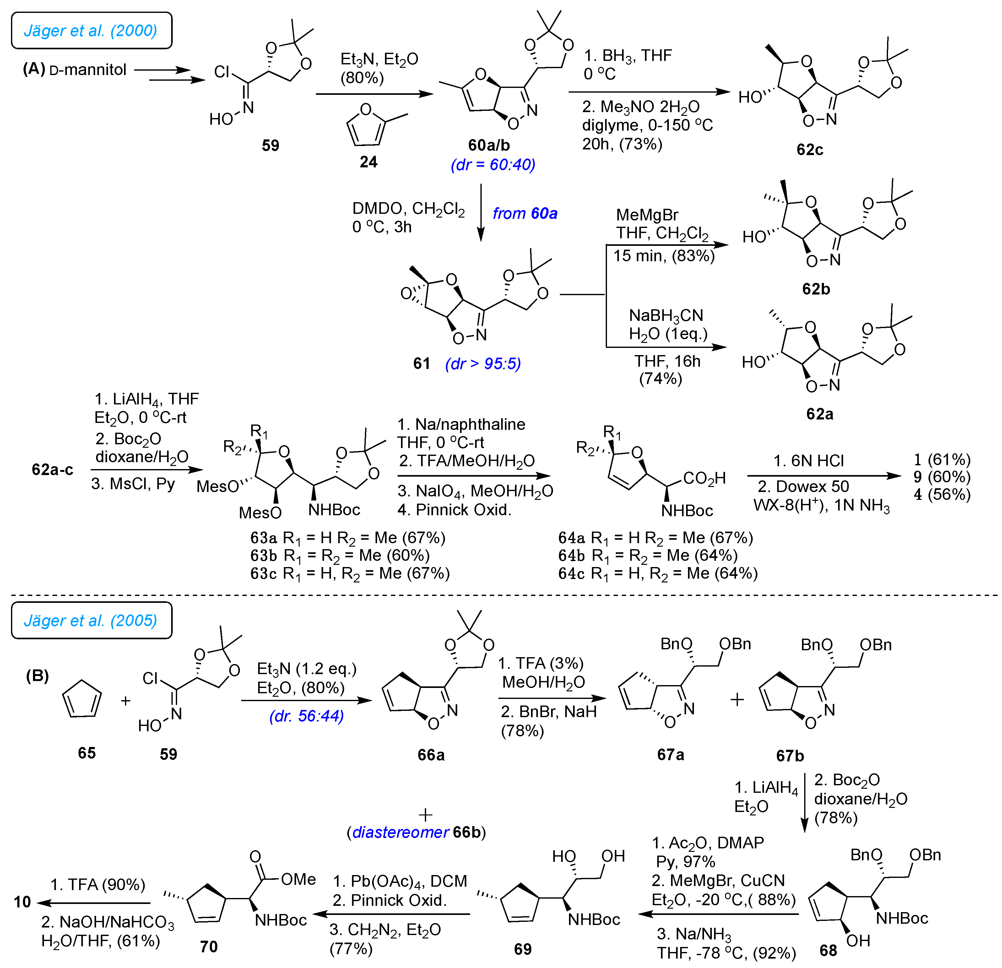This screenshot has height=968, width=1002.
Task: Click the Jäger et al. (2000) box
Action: coord(91,31)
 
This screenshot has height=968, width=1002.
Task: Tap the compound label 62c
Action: coord(810,150)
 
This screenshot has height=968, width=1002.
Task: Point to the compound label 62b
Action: coord(816,289)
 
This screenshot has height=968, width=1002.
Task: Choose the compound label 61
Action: coord(422,363)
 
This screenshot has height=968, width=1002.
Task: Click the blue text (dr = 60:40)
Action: coord(493,165)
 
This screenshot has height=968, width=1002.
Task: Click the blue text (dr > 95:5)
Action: coord(483,363)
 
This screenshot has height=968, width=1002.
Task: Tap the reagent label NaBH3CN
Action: coord(666,316)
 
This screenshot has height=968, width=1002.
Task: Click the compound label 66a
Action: coord(431,755)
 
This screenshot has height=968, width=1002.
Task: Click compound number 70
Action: coord(209,947)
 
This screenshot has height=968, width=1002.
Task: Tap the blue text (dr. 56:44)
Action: coord(306,716)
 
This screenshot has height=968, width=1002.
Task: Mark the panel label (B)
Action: coord(37,676)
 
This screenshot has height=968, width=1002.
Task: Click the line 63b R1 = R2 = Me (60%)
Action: coord(340,555)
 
